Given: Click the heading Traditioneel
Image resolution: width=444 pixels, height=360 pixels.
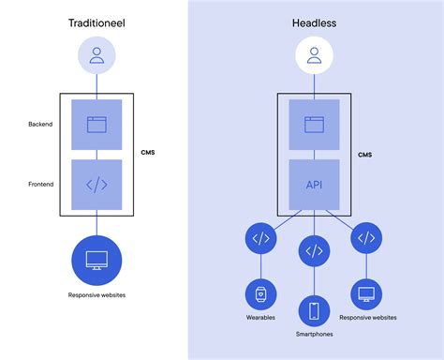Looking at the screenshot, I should coord(96,22).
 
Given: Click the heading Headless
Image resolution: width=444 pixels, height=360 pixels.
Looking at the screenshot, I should coord(314,22).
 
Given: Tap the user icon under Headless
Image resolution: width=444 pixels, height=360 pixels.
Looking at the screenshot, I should coord(314,58).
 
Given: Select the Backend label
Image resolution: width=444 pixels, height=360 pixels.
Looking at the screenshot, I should coord(40,124).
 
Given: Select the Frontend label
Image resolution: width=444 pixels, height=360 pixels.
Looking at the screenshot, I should coord(39,185).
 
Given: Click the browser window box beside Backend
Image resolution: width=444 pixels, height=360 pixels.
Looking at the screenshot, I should coord(96,124).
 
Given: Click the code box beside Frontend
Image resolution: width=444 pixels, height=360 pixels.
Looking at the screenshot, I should coord(96,185).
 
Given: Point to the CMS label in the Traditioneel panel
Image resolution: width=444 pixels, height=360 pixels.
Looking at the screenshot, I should coord(148,152).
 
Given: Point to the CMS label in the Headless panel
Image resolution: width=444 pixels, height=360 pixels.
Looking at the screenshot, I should coord(366,156).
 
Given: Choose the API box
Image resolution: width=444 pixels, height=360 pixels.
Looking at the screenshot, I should coord(314,185).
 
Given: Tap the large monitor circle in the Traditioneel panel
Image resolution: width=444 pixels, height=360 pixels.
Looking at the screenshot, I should coord(96,262).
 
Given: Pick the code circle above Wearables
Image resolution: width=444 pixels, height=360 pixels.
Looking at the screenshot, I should coord(261,239).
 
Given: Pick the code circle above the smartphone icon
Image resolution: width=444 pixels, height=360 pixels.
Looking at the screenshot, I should coord(314,250).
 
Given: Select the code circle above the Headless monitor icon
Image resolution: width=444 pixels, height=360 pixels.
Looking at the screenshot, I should coord(366,239).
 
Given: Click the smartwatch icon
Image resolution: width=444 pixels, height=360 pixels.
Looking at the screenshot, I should coord(261,293).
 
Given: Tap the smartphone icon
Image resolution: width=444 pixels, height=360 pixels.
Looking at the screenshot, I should coord(314,310).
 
